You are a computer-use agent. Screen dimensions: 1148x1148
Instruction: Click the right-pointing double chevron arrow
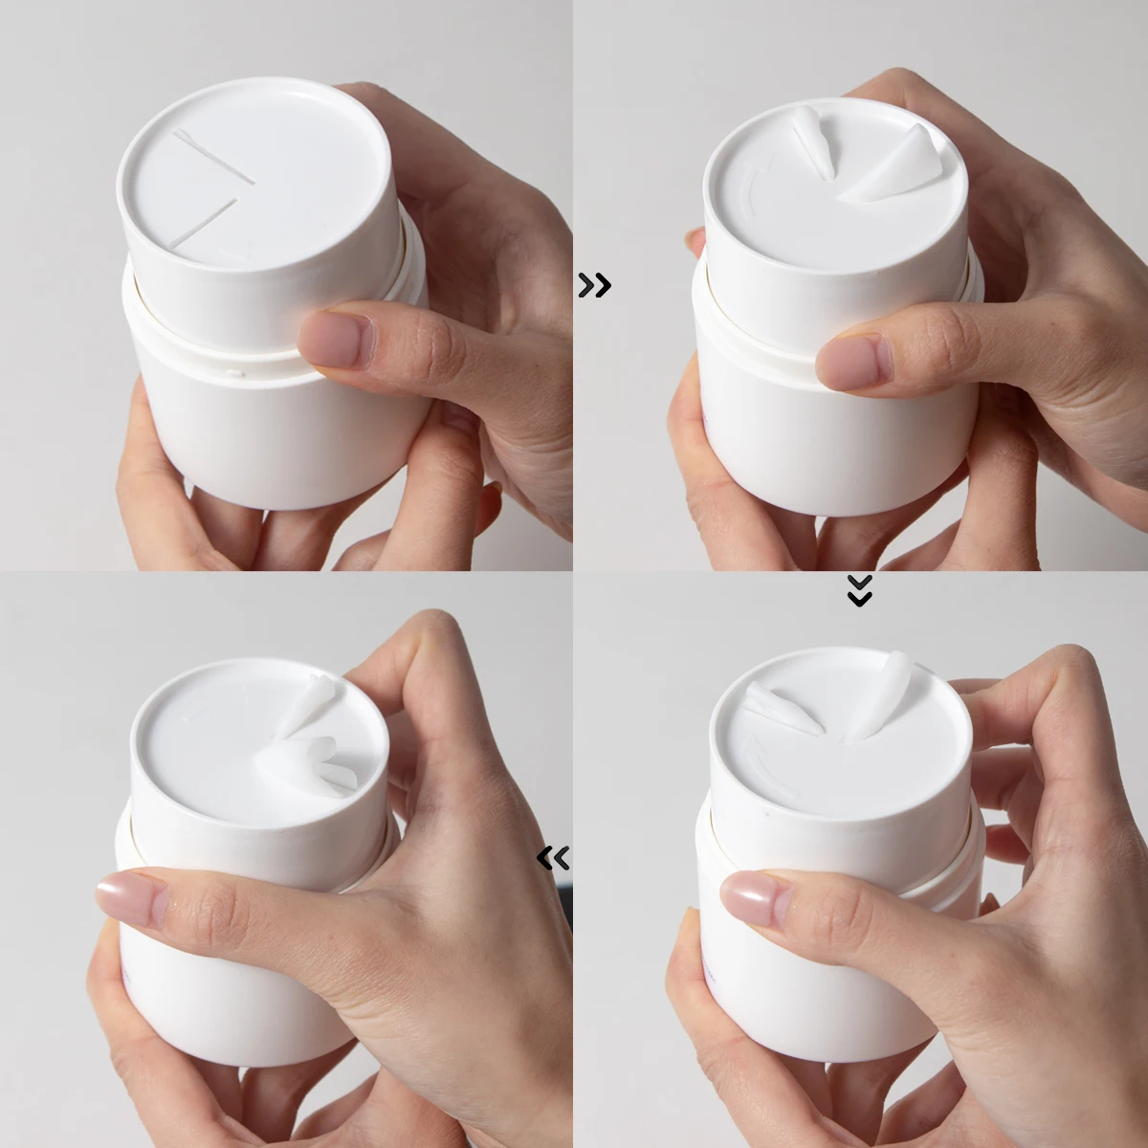point(594,285)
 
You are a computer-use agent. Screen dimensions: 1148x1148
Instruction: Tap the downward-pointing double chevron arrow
point(859,591)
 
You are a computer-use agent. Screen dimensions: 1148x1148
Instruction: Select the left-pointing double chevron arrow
point(554,858)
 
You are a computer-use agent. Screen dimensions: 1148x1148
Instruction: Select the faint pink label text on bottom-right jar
point(709,966)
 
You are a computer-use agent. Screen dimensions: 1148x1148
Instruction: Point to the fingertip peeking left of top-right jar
point(695,240)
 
